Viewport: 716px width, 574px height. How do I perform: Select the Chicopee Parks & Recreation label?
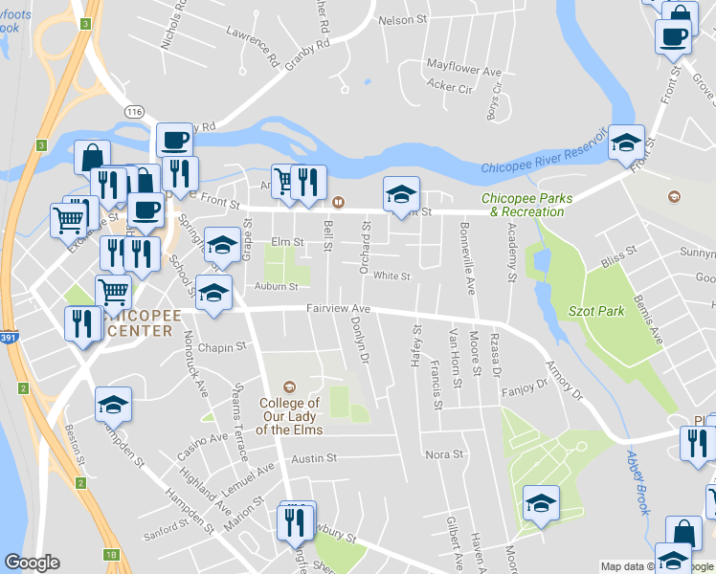[531, 205]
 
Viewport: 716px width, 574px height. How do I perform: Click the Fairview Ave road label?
[338, 309]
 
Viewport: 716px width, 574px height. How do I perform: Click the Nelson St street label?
[402, 19]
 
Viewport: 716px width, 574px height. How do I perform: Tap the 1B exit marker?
[113, 555]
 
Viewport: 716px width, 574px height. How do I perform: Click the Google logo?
[32, 563]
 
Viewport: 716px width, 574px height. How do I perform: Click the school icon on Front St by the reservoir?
[627, 143]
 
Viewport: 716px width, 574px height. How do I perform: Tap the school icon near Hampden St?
[113, 405]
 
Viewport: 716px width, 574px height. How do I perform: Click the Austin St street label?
[314, 458]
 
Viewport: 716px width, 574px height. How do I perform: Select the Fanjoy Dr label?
[527, 385]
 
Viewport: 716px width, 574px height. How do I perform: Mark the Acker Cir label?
[450, 88]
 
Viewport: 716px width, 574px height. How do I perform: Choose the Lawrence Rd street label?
[252, 44]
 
